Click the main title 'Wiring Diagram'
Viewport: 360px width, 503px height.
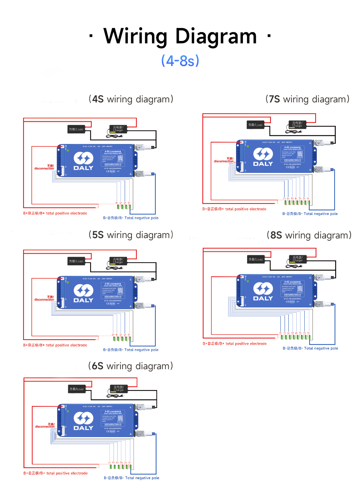pos(180,36)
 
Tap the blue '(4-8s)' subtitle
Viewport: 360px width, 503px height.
pos(180,61)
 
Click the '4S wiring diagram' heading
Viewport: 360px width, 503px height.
pos(131,99)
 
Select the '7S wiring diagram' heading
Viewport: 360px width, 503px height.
pos(307,99)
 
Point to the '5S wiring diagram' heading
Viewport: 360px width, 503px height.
pos(131,235)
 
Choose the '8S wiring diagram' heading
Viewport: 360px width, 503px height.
pos(309,235)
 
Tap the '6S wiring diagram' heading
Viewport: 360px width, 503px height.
pos(130,366)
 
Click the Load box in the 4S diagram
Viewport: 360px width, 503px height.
pos(76,129)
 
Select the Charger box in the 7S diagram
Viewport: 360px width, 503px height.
pos(297,124)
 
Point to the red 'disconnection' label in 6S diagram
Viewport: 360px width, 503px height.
pos(45,426)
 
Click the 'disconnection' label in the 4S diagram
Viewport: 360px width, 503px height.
pos(44,167)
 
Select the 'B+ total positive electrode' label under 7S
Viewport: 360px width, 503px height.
pos(235,209)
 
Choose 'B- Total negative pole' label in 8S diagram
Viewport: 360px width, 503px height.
pos(310,348)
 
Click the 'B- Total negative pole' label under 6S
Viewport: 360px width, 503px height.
pos(131,478)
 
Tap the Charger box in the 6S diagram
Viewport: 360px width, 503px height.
pos(119,389)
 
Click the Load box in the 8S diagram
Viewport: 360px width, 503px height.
pos(256,259)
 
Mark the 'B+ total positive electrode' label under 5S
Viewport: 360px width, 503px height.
pos(55,345)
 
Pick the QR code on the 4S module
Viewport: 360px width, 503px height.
pos(120,158)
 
